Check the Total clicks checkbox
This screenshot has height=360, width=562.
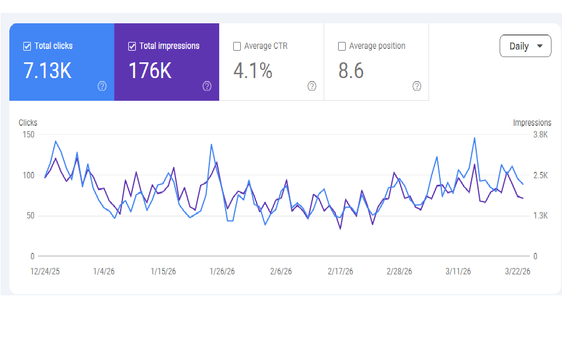pyautogui.click(x=27, y=46)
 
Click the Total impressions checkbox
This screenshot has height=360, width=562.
pyautogui.click(x=132, y=46)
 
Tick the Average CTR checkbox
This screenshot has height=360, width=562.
pyautogui.click(x=237, y=46)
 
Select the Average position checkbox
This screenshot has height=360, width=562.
pyautogui.click(x=342, y=46)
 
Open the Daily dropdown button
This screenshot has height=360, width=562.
pyautogui.click(x=525, y=46)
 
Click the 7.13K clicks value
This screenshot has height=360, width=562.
pyautogui.click(x=47, y=70)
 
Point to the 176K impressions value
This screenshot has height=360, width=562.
pyautogui.click(x=150, y=70)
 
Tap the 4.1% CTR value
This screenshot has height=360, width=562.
pyautogui.click(x=253, y=70)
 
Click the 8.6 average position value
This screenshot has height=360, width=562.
pyautogui.click(x=351, y=70)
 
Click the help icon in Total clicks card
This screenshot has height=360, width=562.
pyautogui.click(x=102, y=86)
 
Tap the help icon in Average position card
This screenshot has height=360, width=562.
pyautogui.click(x=417, y=86)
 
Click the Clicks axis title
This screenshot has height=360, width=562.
pyautogui.click(x=28, y=123)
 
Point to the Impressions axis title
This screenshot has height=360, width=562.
pyautogui.click(x=532, y=123)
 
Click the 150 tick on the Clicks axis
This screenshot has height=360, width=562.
pyautogui.click(x=28, y=135)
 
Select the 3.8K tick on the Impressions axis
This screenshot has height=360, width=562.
pyautogui.click(x=540, y=135)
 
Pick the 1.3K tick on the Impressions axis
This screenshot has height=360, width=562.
pyautogui.click(x=540, y=216)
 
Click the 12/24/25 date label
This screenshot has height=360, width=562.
pyautogui.click(x=45, y=271)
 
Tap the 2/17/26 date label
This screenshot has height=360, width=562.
pyautogui.click(x=340, y=271)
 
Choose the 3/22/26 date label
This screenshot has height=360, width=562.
pyautogui.click(x=518, y=271)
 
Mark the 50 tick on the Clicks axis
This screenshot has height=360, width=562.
pyautogui.click(x=30, y=216)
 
